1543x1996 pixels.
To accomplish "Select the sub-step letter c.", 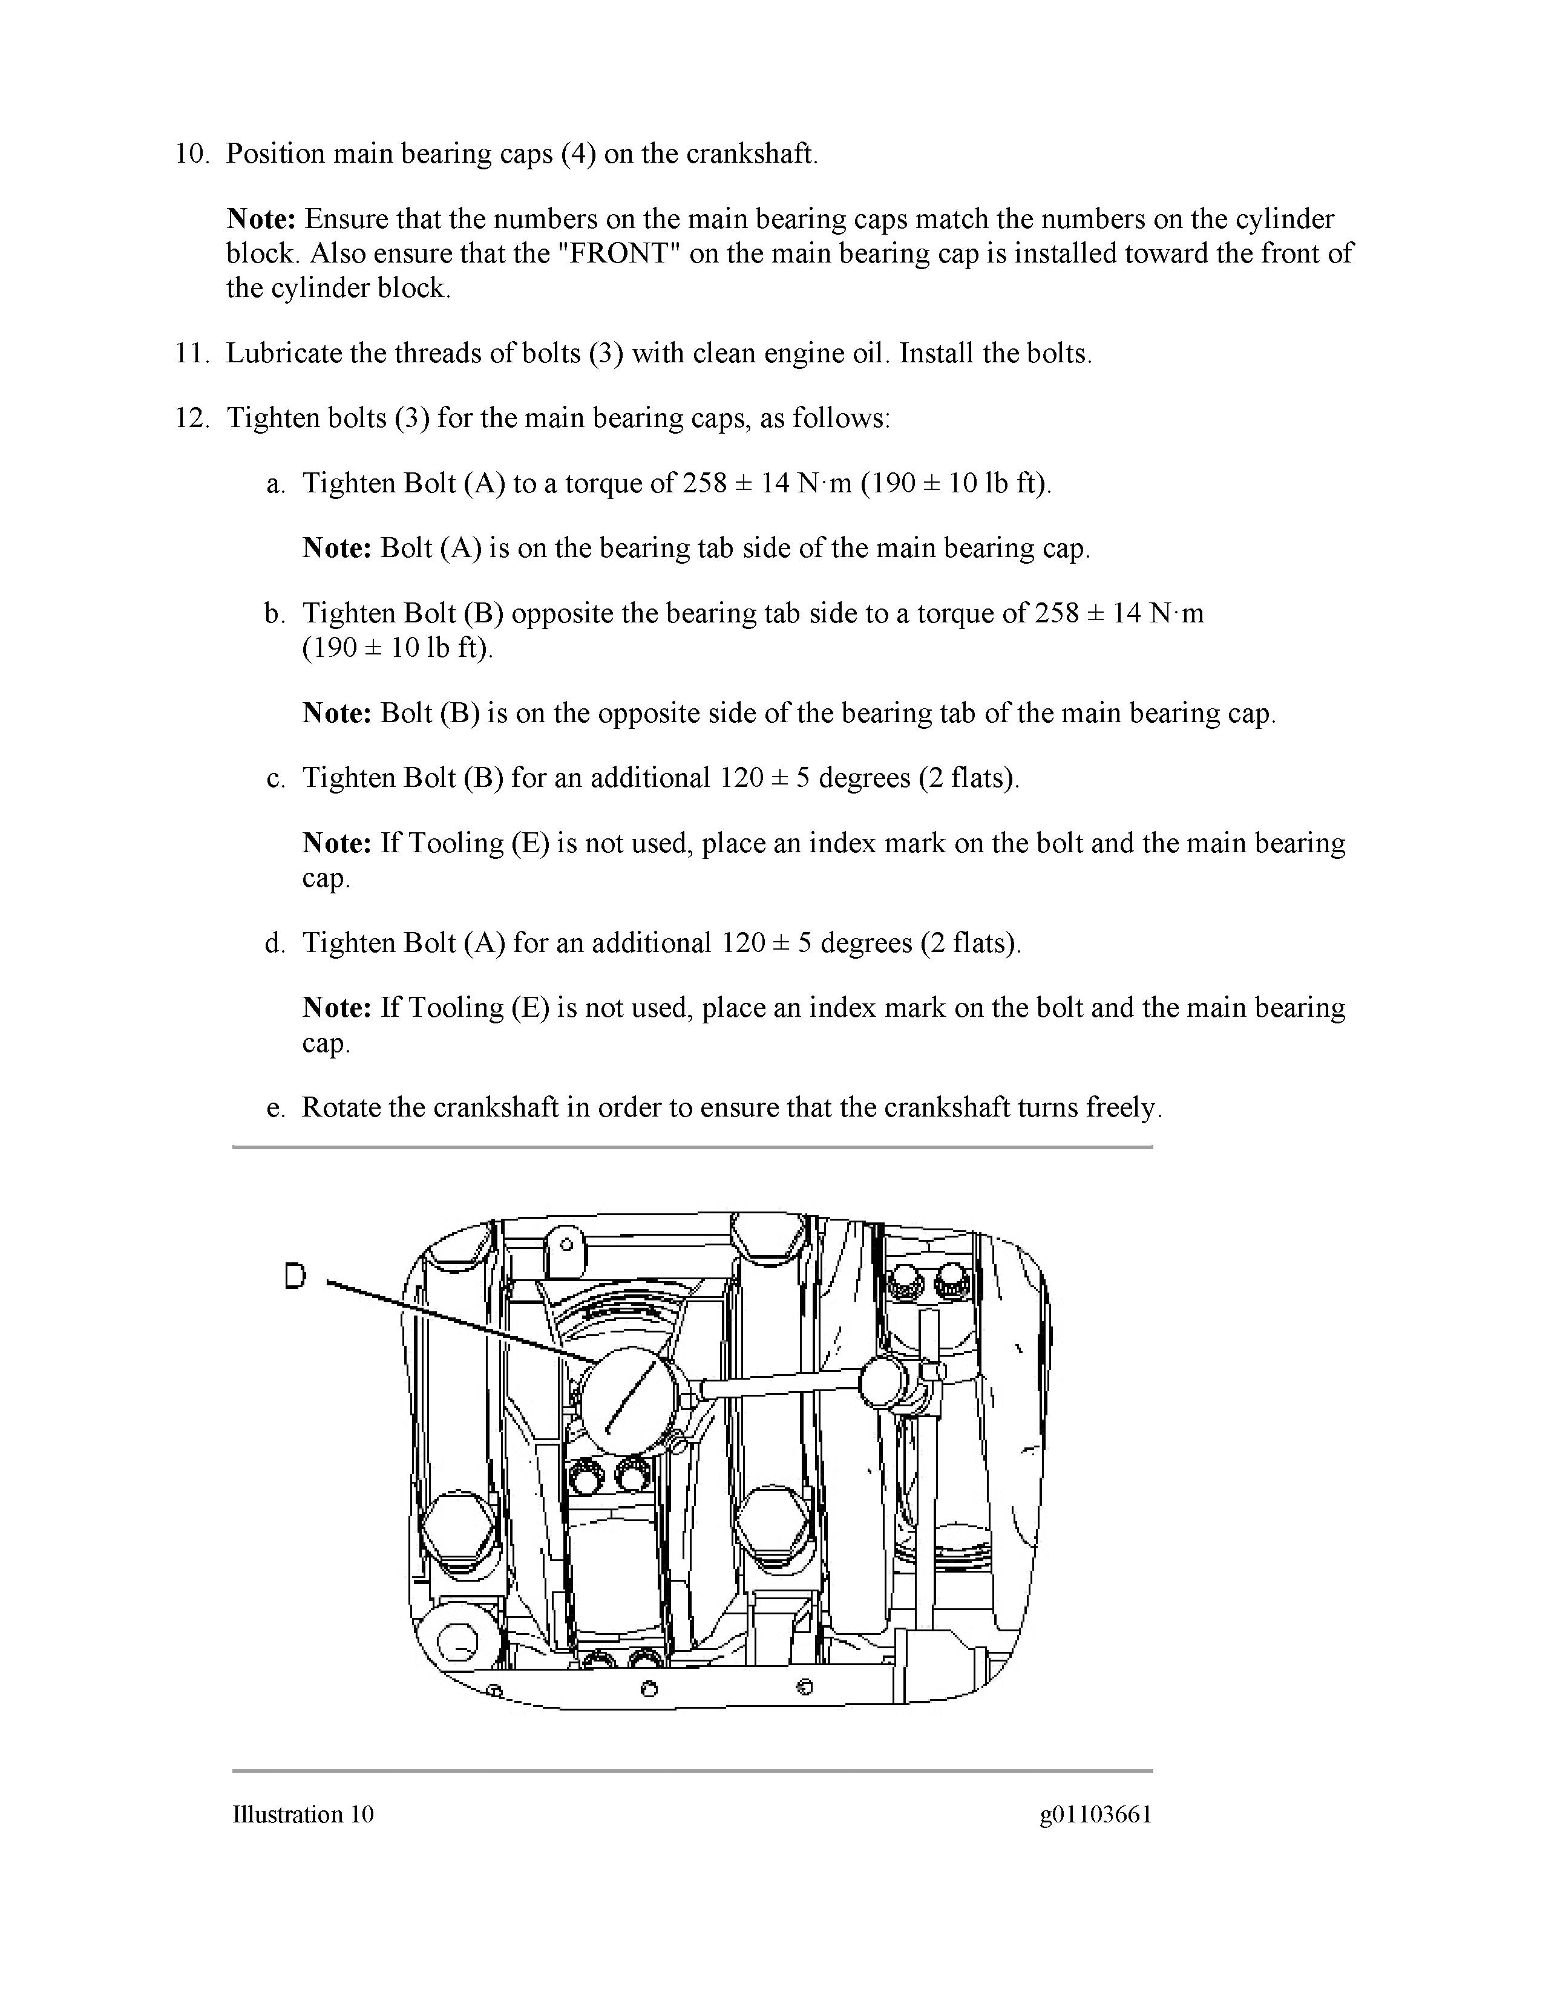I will pos(274,778).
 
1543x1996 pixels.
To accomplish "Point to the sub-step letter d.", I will pos(274,942).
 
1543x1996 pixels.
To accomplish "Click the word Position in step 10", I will pos(275,154).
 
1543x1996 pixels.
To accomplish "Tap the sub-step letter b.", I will pos(274,613).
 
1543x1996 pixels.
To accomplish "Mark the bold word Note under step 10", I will pos(261,220).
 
